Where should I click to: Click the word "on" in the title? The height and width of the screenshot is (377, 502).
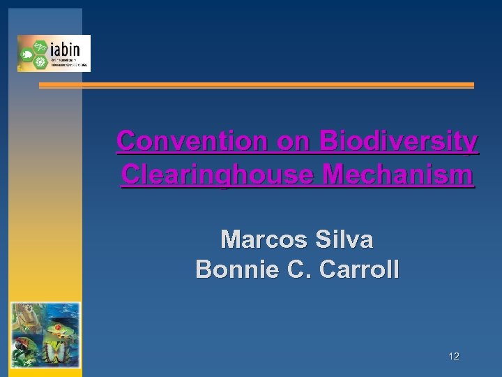[293, 142]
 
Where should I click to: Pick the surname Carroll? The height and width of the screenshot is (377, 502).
[359, 269]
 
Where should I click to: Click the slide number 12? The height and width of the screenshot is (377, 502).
[454, 357]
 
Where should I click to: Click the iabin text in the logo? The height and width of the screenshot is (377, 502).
[68, 49]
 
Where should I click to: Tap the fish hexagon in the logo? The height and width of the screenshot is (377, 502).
[28, 53]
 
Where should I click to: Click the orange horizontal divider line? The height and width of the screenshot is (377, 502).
[256, 85]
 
